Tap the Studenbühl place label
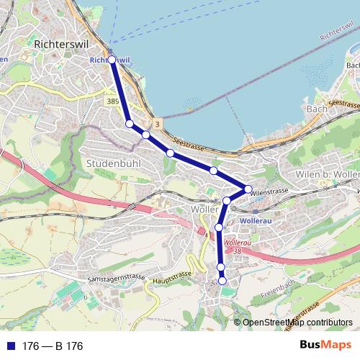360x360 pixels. point(113,163)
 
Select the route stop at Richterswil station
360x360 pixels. point(112,59)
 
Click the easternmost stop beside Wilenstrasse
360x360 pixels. point(248,189)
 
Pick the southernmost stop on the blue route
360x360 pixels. point(222,281)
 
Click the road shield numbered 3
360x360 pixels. point(157,125)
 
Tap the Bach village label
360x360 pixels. point(317,109)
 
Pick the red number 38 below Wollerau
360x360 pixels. point(237,251)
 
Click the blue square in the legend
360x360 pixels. point(11,346)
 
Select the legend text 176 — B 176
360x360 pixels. point(53,346)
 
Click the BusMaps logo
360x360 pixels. point(325,345)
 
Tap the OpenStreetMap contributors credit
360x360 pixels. point(297,323)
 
